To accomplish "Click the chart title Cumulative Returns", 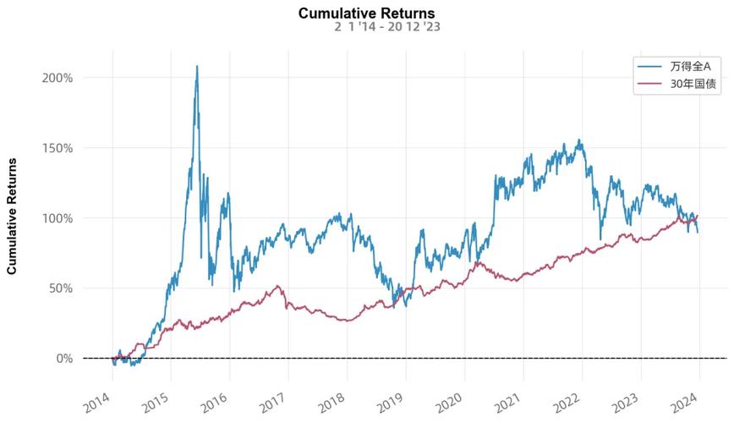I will pyautogui.click(x=366, y=13).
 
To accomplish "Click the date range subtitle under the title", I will pyautogui.click(x=386, y=27).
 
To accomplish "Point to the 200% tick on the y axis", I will pyautogui.click(x=58, y=77).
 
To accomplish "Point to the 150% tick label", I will pyautogui.click(x=58, y=147).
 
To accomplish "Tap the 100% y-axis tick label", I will pyautogui.click(x=58, y=217).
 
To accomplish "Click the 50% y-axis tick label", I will pyautogui.click(x=61, y=288).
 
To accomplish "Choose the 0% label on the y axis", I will pyautogui.click(x=64, y=358).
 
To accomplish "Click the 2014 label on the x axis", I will pyautogui.click(x=99, y=399).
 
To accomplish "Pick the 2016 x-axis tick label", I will pyautogui.click(x=216, y=399).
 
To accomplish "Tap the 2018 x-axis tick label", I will pyautogui.click(x=332, y=399).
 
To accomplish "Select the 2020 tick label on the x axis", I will pyautogui.click(x=449, y=399).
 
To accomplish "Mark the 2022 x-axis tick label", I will pyautogui.click(x=567, y=399).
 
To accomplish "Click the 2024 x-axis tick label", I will pyautogui.click(x=683, y=399).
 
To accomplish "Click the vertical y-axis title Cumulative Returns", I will pyautogui.click(x=13, y=217).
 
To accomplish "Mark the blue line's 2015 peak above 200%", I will pyautogui.click(x=197, y=66).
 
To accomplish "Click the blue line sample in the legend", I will pyautogui.click(x=649, y=66).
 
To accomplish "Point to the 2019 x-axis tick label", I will pyautogui.click(x=391, y=399).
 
